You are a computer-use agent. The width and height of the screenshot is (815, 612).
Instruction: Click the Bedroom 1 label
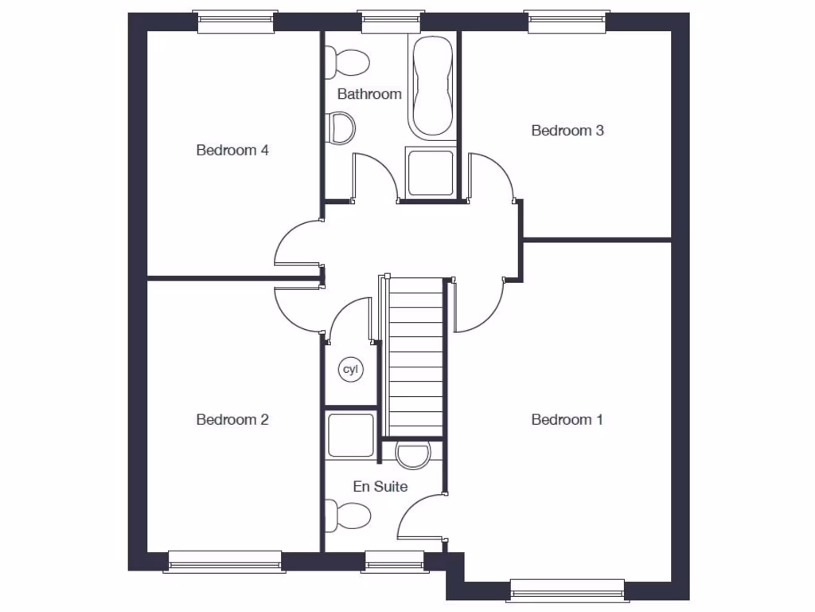click(567, 420)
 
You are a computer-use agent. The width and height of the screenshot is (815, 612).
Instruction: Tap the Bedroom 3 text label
click(567, 131)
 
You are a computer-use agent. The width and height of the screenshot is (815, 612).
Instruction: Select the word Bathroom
click(369, 94)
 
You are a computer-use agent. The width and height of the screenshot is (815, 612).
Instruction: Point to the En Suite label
click(380, 486)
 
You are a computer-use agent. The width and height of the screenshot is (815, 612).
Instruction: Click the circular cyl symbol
click(349, 370)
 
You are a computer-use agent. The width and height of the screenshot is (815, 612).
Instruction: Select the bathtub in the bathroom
click(432, 86)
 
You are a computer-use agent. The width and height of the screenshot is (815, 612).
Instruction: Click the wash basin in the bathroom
click(341, 127)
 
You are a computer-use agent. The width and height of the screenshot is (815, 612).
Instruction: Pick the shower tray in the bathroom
click(430, 171)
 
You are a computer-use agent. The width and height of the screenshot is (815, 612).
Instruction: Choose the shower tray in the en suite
click(350, 435)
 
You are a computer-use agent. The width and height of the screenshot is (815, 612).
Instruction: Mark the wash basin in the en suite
click(412, 454)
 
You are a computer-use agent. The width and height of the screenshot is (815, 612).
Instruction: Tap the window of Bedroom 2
click(224, 562)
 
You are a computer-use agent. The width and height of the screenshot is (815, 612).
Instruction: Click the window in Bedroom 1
click(566, 590)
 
